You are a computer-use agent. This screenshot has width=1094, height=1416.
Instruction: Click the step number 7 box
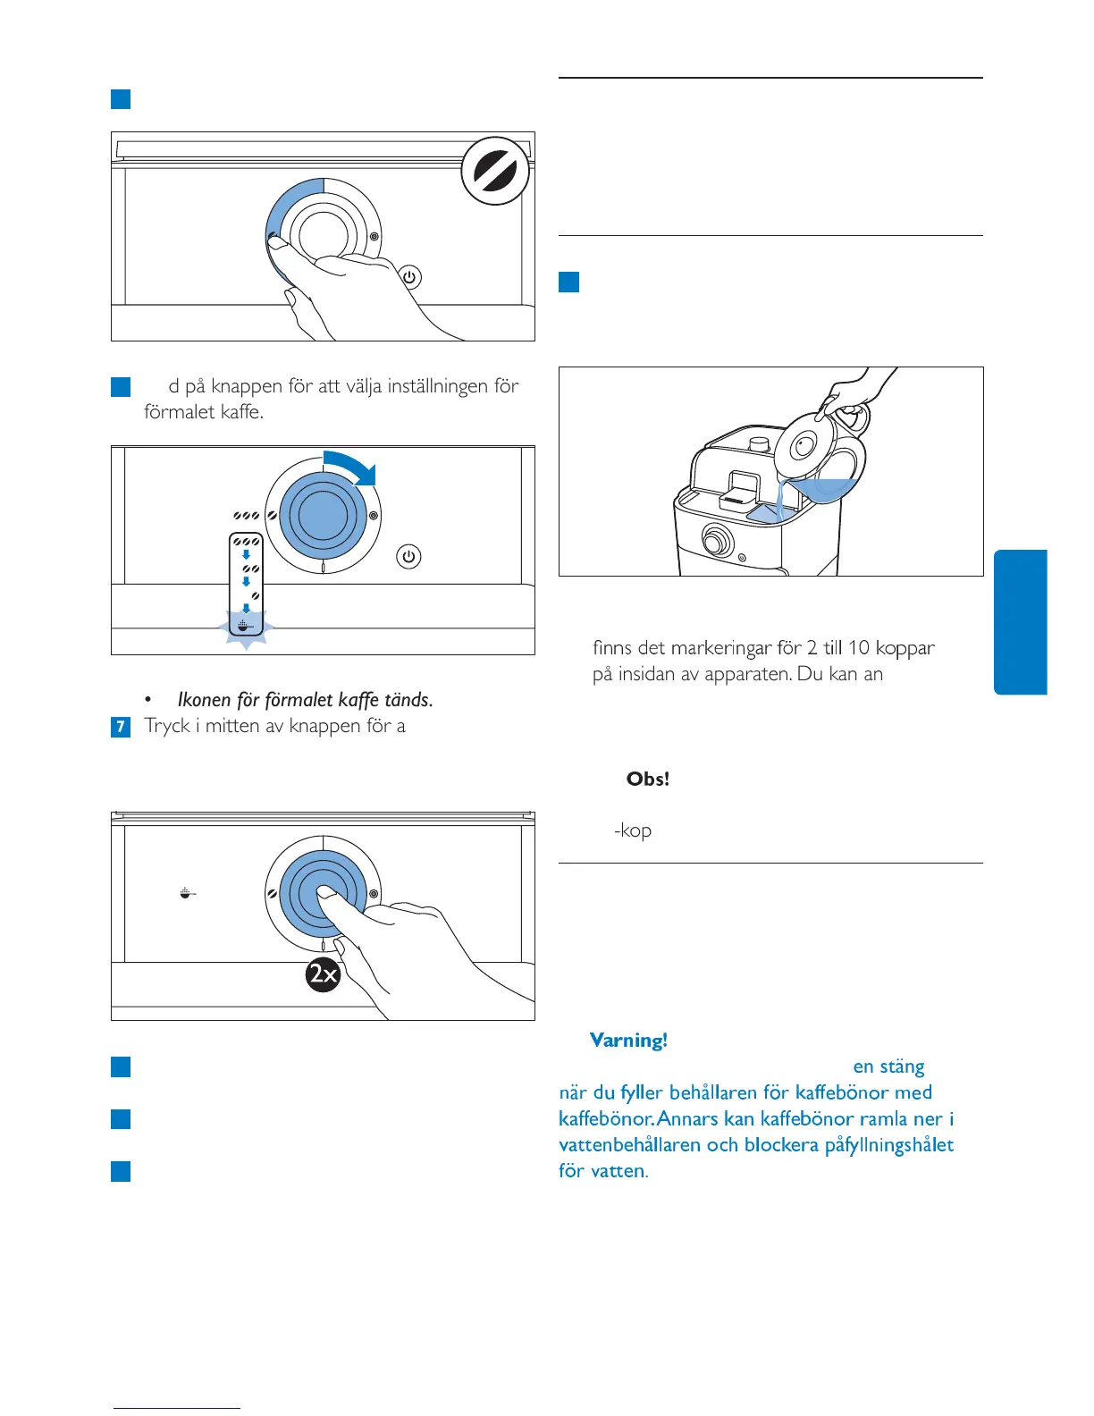coord(121,727)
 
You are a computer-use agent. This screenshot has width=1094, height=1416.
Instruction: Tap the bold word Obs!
coord(648,779)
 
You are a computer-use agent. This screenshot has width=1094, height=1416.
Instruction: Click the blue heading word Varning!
coord(628,1040)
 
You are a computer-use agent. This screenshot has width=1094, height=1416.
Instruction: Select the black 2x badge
coord(323,973)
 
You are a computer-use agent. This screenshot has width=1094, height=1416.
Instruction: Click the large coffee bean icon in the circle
coord(496,171)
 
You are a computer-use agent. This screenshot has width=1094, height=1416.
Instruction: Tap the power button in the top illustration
coord(409,277)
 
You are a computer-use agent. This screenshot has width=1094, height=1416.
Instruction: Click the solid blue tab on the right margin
coord(1020,622)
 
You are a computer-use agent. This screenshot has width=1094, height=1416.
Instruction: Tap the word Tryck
coord(167,726)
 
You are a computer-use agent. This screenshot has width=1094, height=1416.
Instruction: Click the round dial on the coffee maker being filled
coord(716,540)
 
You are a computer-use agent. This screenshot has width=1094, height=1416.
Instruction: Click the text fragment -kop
coord(633,830)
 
